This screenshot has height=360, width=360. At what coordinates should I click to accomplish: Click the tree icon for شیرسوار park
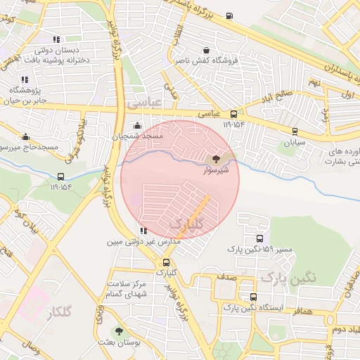(x=215, y=159)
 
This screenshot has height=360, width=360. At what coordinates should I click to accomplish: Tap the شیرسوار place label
(x=215, y=170)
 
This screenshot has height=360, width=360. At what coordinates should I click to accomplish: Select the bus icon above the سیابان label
(x=294, y=131)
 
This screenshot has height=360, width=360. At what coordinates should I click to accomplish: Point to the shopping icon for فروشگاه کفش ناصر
(x=206, y=50)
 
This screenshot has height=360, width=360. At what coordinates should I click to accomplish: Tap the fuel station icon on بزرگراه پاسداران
(x=229, y=16)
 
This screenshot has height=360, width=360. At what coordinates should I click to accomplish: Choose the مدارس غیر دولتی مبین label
(x=143, y=241)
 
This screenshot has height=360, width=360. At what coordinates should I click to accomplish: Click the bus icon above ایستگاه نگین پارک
(x=252, y=297)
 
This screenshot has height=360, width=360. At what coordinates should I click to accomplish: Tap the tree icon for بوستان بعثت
(x=118, y=330)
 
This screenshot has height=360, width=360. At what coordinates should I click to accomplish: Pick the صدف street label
(x=226, y=277)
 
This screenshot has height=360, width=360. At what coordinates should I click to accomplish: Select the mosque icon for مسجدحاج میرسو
(x=26, y=136)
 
